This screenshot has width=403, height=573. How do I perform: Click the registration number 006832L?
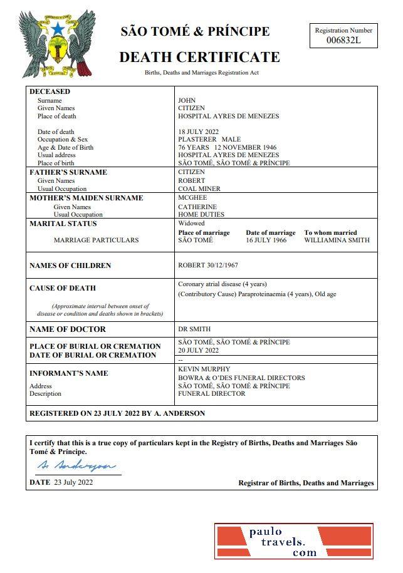point(343,41)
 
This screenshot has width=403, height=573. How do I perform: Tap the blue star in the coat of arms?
point(58,29)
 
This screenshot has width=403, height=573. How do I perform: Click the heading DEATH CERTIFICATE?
point(199,57)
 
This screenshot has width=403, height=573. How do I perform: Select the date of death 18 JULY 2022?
point(198,132)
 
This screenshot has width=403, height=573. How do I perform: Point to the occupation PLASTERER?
point(197,139)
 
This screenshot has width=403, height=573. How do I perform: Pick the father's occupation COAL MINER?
point(199,188)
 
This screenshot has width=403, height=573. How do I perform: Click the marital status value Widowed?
point(191,223)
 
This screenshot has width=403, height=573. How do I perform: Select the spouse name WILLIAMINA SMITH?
point(337,240)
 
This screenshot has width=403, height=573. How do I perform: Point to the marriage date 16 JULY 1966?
point(266,240)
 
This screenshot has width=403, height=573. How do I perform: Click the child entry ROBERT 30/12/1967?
point(208,265)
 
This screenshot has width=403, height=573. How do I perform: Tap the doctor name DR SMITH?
point(194,329)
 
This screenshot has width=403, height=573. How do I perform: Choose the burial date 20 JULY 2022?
point(198,350)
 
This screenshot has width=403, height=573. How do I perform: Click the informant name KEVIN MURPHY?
point(204,369)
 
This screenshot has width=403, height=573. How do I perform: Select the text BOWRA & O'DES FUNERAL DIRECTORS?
point(241,378)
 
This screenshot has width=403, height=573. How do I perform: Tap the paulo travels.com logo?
point(293,541)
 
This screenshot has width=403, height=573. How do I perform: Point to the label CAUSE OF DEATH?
point(63,288)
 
